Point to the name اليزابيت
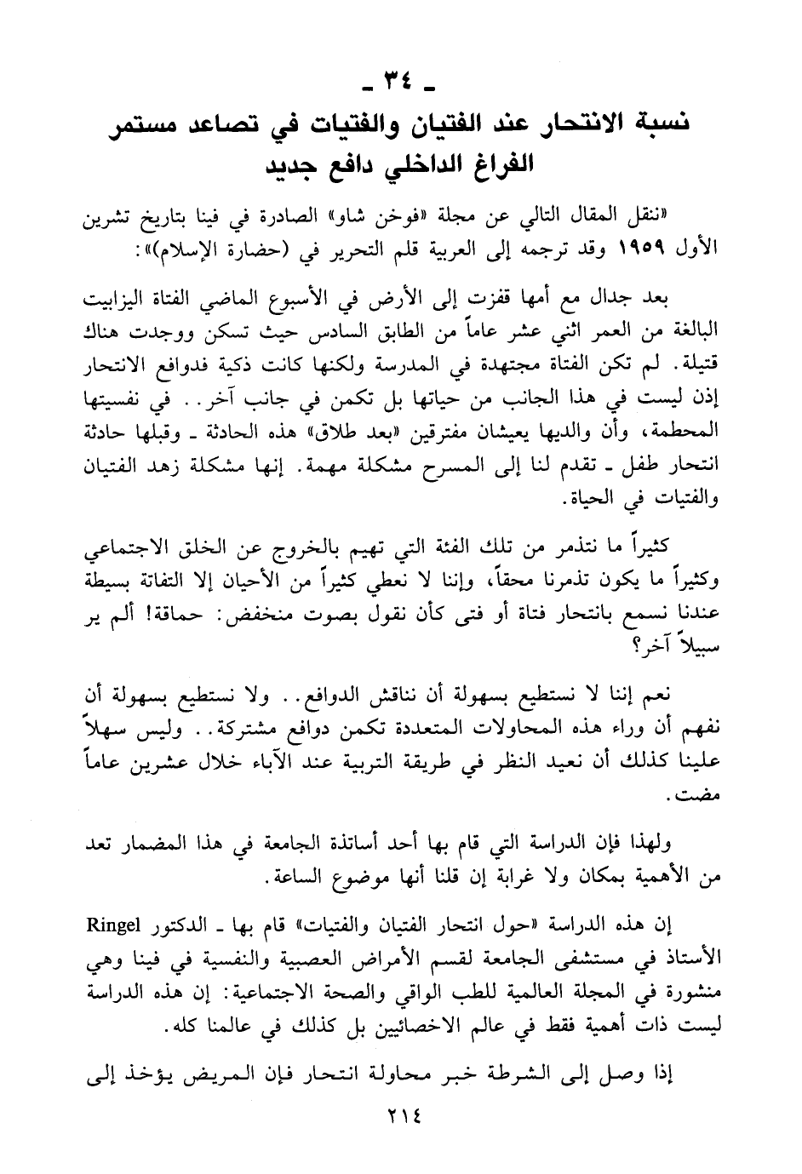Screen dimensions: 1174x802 click(x=117, y=302)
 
